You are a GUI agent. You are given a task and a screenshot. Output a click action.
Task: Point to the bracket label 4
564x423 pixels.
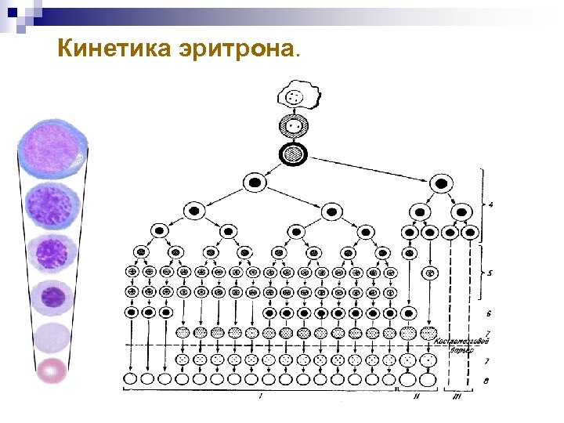pyautogui.click(x=490, y=207)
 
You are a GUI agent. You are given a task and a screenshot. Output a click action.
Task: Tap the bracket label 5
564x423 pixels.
pyautogui.click(x=490, y=274)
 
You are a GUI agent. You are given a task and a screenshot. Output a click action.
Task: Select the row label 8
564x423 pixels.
pyautogui.click(x=488, y=381)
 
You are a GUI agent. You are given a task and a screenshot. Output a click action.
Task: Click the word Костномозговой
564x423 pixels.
pyautogui.click(x=462, y=342)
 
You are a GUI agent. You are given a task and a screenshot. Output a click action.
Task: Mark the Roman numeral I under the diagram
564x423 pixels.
pyautogui.click(x=260, y=397)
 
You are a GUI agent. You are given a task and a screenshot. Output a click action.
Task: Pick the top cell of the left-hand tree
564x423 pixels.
pyautogui.click(x=255, y=183)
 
